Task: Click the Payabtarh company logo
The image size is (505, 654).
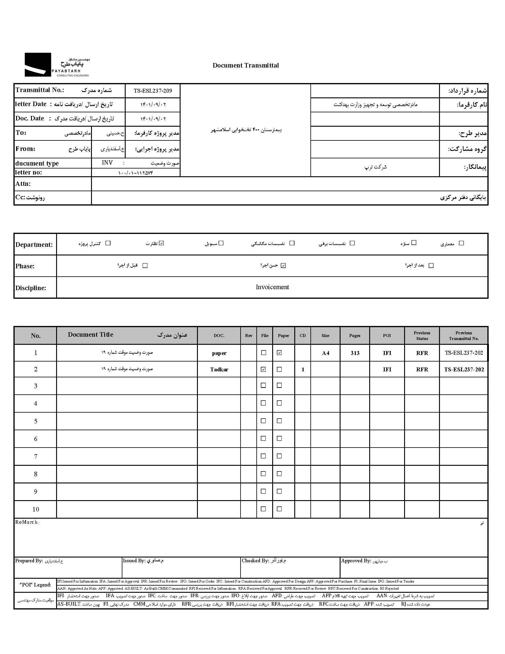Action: [56, 65]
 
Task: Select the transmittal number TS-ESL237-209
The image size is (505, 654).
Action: [153, 91]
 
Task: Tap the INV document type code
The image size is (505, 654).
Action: [107, 163]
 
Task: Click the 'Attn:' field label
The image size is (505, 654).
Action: [23, 183]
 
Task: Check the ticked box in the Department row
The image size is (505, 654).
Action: [161, 243]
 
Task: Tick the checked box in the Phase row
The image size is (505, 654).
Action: [283, 265]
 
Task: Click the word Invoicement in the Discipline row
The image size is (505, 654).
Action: [272, 287]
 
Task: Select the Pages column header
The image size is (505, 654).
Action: [355, 336]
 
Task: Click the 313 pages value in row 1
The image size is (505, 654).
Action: [355, 353]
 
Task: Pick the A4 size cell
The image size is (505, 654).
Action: [326, 353]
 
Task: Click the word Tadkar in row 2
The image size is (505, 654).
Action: [219, 369]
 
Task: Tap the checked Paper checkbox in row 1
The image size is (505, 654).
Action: [279, 353]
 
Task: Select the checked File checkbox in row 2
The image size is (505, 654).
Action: [263, 369]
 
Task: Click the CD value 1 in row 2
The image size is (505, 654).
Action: [303, 370]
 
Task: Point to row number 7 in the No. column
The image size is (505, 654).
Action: [36, 456]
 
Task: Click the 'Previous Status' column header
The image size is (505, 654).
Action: [422, 336]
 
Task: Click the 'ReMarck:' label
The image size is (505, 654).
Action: [27, 522]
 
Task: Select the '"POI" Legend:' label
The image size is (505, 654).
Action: [35, 584]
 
